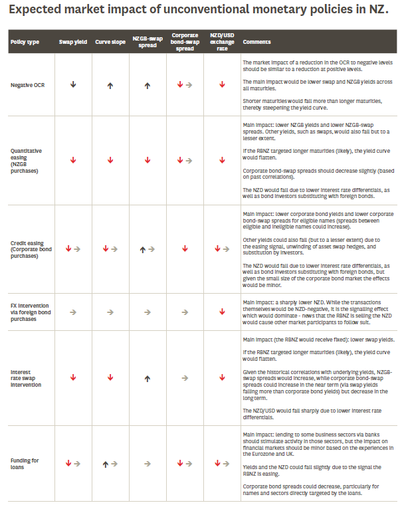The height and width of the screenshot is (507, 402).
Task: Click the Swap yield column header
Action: [x=72, y=42]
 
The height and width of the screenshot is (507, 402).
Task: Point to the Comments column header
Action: [x=256, y=42]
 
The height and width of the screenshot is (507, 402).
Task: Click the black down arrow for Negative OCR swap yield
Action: [x=73, y=85]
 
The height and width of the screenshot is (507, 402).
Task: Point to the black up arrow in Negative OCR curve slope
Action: [x=110, y=85]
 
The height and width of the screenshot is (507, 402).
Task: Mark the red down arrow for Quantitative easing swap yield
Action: [x=73, y=160]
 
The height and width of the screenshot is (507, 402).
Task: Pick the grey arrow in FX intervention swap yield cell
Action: [x=73, y=310]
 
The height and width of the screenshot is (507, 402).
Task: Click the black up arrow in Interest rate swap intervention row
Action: [x=147, y=377]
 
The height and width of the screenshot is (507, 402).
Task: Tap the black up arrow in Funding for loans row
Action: [x=105, y=463]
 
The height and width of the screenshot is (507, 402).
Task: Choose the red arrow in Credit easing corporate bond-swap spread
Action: [x=185, y=249]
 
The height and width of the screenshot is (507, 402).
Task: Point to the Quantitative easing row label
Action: [x=27, y=160]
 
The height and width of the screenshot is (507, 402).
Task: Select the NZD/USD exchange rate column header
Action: [x=221, y=42]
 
